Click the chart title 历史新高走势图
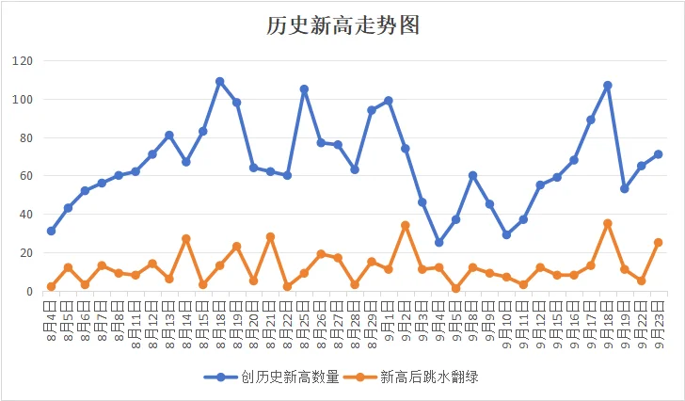click(x=342, y=25)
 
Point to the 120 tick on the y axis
click(x=22, y=61)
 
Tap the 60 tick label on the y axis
click(x=24, y=176)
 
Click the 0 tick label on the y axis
click(x=28, y=292)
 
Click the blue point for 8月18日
click(x=220, y=81)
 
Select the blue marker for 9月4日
click(x=438, y=243)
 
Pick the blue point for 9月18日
click(x=608, y=86)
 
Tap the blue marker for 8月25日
click(x=304, y=89)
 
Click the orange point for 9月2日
click(x=406, y=226)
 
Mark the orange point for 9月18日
click(x=608, y=223)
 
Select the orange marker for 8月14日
click(x=186, y=239)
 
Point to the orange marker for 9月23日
click(x=659, y=243)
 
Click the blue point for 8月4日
click(x=51, y=231)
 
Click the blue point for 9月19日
click(x=625, y=189)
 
